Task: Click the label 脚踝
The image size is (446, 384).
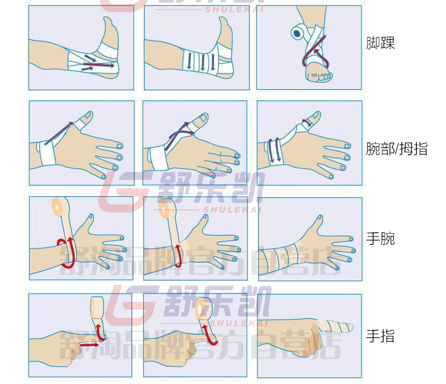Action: coord(381,43)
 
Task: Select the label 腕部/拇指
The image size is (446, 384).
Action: coord(397,148)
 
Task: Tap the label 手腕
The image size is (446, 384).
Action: coord(381,239)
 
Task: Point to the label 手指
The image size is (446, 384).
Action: coord(381,336)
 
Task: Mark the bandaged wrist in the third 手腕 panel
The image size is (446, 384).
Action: coord(284,255)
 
